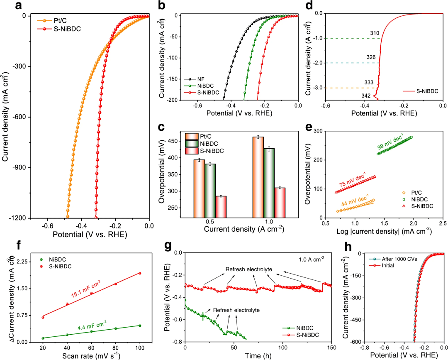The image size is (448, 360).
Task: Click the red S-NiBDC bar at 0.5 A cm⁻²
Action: pos(221,206)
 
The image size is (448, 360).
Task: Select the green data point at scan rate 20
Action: pos(43,338)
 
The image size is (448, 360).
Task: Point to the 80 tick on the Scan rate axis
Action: pos(116,348)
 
